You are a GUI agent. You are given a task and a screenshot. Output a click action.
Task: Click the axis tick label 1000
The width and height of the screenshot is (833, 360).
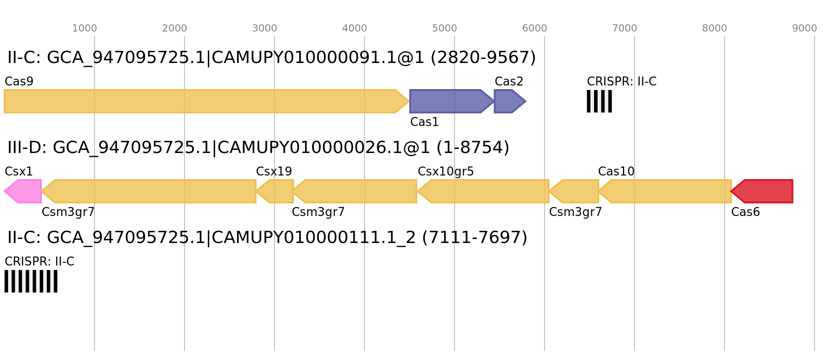[85, 28]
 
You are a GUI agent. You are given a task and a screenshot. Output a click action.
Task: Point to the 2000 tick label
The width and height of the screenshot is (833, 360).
[175, 28]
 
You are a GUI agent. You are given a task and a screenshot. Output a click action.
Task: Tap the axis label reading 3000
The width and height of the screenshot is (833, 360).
[265, 28]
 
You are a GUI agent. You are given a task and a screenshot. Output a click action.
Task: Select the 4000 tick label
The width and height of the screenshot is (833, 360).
[355, 28]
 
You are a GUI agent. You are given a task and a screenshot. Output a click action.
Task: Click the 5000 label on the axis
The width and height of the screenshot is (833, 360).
[445, 28]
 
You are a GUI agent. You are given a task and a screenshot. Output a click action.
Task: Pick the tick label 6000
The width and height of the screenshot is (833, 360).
[535, 28]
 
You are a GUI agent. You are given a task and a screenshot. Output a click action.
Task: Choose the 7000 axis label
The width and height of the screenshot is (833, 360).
[625, 28]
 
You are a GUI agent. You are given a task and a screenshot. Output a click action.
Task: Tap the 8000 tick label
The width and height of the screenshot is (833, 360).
[715, 28]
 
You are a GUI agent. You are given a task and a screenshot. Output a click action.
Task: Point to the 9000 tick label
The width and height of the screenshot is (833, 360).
[805, 28]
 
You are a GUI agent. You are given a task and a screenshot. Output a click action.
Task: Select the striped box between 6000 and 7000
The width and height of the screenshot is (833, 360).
[599, 101]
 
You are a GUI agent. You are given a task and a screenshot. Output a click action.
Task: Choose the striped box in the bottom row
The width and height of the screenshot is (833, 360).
[31, 281]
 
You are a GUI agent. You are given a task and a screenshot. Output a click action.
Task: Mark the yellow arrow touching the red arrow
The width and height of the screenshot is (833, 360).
[666, 191]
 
